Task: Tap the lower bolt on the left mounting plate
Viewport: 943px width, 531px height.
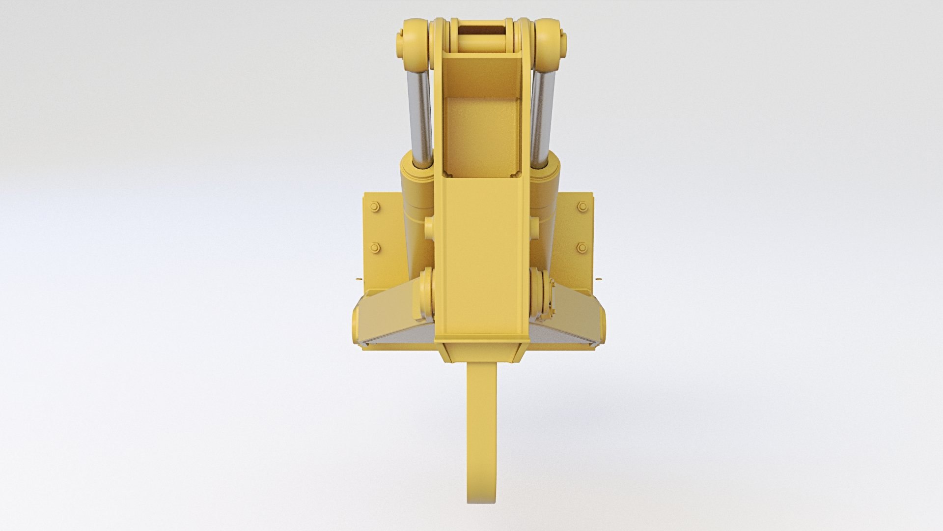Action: pyautogui.click(x=376, y=247)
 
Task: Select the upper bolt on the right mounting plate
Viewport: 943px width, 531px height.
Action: pyautogui.click(x=582, y=207)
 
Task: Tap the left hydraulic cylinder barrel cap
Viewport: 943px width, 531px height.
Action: pyautogui.click(x=415, y=177)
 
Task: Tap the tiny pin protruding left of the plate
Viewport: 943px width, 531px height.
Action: pyautogui.click(x=357, y=279)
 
